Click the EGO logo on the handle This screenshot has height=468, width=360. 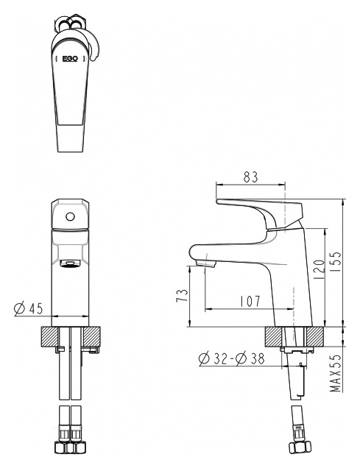pos(70,59)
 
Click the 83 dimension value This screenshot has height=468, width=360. pos(250,177)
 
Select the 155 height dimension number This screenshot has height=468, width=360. pos(336,262)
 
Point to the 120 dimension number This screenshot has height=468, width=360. pos(319,269)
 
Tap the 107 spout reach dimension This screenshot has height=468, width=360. pos(250,302)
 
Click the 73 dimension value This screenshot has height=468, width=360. pos(183,295)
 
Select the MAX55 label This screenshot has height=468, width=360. pos(336,373)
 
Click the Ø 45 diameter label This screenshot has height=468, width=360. pos(29,308)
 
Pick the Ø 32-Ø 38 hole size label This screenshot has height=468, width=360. pos(232,358)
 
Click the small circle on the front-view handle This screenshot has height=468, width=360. pos(70,216)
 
